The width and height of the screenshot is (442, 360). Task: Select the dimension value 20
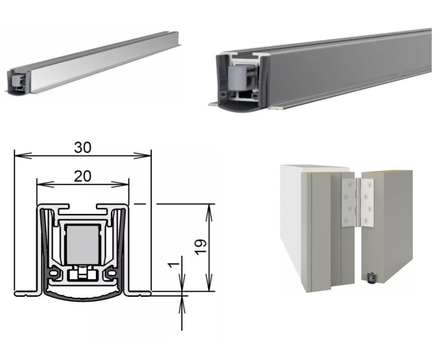[83, 176]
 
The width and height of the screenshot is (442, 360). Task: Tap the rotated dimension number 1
[174, 264]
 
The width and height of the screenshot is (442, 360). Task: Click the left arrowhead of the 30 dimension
[23, 156]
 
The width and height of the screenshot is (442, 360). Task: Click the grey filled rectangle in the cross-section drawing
[82, 243]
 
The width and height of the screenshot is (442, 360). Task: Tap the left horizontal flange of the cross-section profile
[28, 293]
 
